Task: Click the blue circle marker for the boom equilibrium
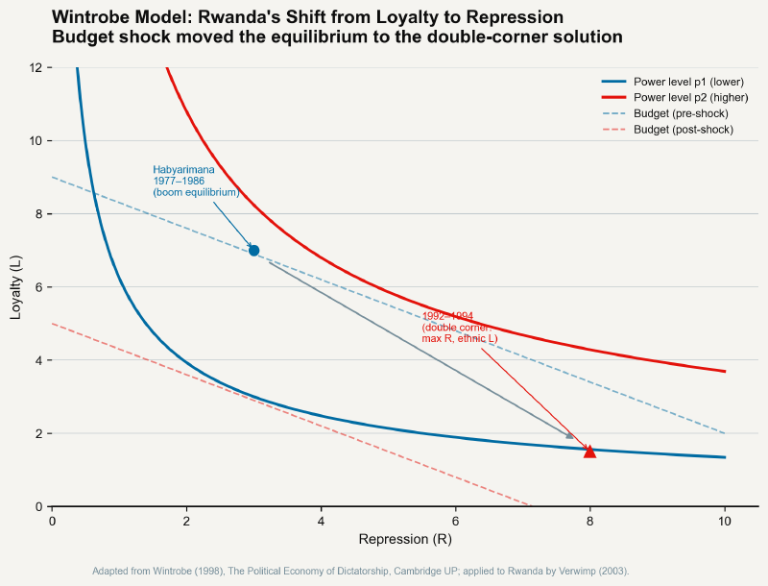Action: click(x=253, y=251)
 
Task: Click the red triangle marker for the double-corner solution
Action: click(x=589, y=452)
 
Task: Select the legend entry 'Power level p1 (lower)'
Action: click(x=689, y=83)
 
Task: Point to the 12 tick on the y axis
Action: click(x=35, y=67)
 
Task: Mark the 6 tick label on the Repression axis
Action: click(x=456, y=520)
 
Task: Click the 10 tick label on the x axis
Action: click(x=725, y=520)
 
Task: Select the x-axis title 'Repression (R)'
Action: click(x=405, y=539)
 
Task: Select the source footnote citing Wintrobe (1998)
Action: click(x=360, y=571)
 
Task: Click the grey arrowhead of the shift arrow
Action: click(x=569, y=436)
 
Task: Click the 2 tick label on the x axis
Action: click(x=186, y=520)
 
